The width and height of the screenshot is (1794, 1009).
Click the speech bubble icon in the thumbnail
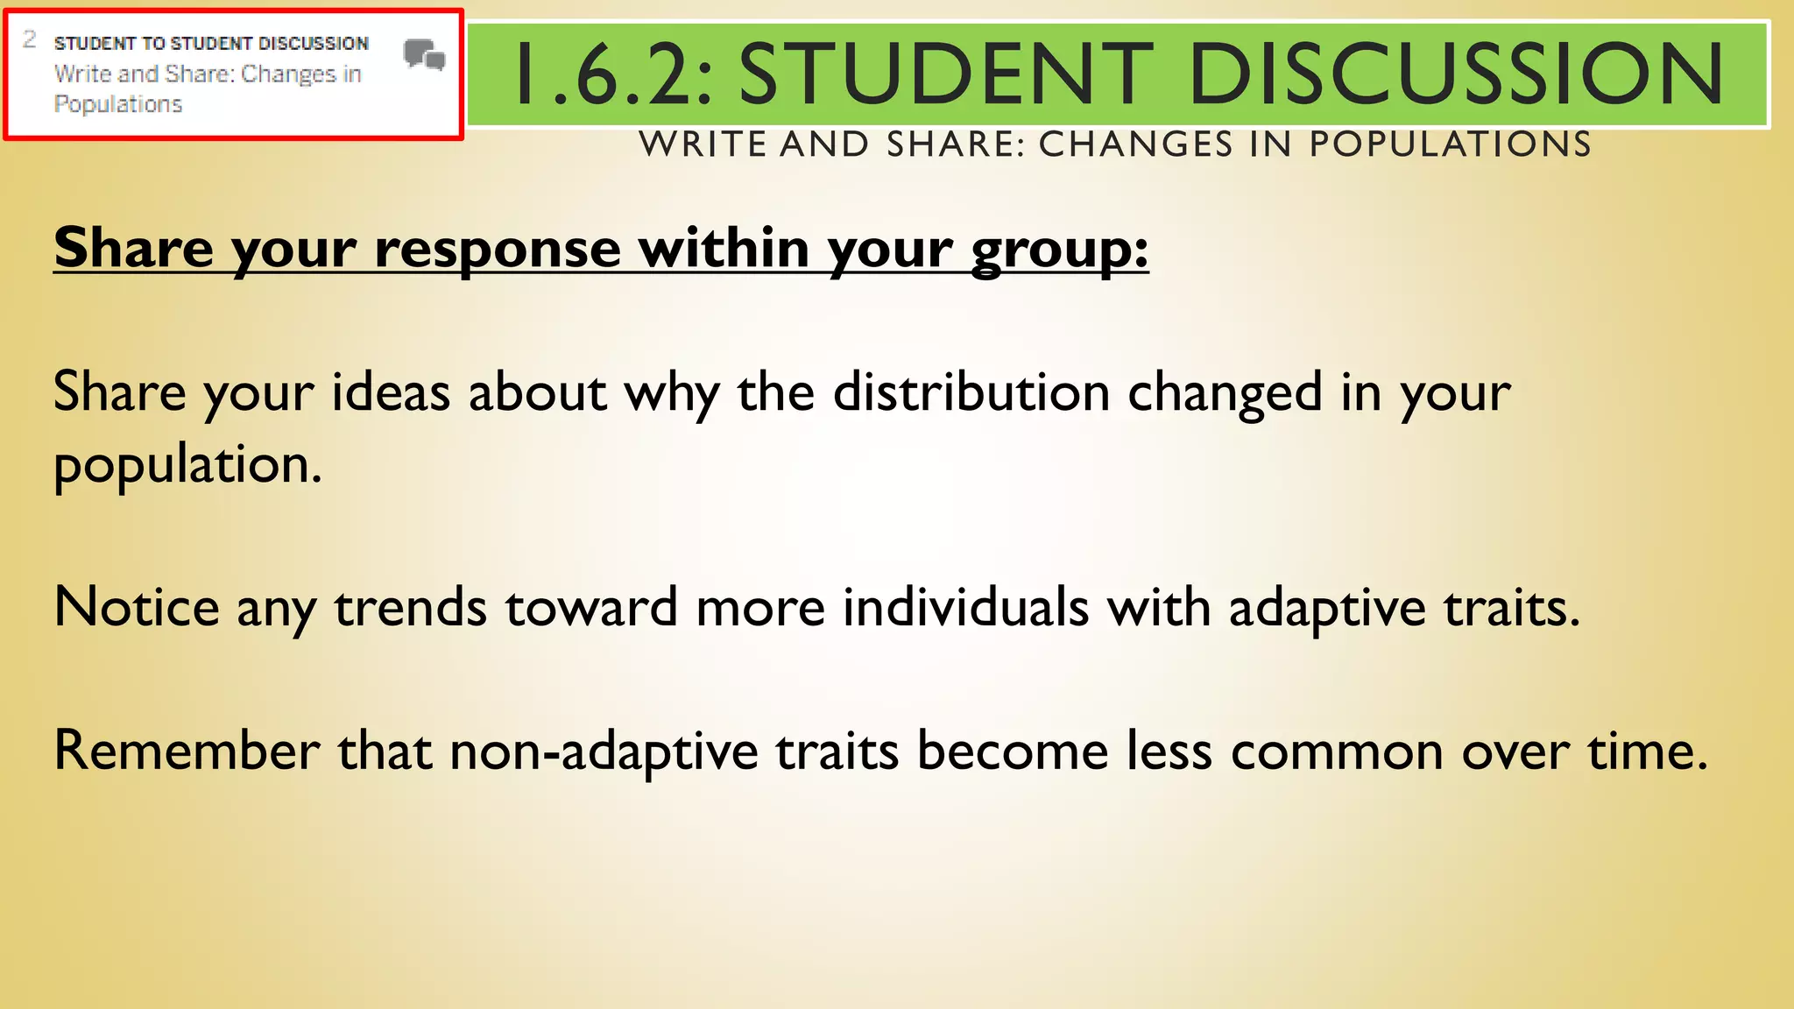click(425, 55)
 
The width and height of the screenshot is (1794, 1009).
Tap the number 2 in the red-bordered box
click(30, 39)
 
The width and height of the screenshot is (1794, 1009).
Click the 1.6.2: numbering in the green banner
click(614, 74)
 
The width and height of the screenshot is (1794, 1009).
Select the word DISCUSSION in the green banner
click(1456, 74)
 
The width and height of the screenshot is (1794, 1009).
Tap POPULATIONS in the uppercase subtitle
click(1450, 145)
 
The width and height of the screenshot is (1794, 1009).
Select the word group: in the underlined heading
click(1059, 250)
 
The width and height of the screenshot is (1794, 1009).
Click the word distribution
click(971, 392)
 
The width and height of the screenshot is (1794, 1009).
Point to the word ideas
click(391, 392)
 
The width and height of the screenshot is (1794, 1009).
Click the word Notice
click(137, 607)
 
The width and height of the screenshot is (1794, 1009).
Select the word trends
click(410, 607)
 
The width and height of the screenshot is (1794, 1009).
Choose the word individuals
click(965, 607)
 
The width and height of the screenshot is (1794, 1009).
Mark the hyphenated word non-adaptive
click(604, 752)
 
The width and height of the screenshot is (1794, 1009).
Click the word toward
click(591, 607)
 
